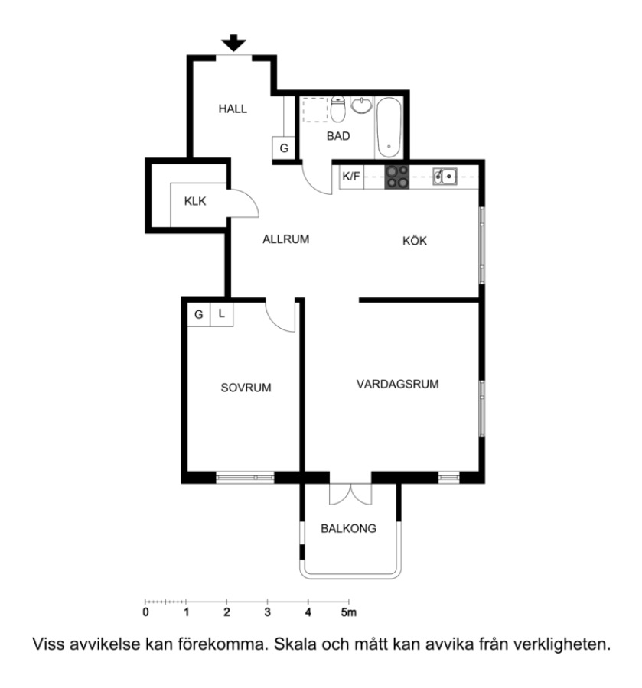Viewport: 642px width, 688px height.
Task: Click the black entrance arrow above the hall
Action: click(233, 43)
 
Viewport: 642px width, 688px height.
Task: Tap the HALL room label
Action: click(233, 109)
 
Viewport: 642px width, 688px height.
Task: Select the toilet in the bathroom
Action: click(337, 109)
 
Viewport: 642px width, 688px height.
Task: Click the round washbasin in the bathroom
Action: click(361, 105)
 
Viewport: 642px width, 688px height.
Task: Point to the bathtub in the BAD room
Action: click(389, 127)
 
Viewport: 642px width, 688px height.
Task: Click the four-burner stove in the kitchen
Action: click(397, 177)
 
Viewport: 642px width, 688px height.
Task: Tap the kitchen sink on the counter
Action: click(445, 177)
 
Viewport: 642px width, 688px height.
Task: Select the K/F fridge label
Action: click(351, 177)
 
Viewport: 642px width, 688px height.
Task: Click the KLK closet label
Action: click(195, 201)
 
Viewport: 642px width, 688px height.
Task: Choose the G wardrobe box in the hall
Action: click(284, 148)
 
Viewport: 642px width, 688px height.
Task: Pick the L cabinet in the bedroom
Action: click(222, 314)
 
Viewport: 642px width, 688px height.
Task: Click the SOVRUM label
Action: click(246, 388)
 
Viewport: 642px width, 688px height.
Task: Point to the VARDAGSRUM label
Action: click(397, 385)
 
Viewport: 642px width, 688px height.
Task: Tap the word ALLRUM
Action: click(286, 239)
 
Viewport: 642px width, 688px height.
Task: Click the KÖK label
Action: click(415, 241)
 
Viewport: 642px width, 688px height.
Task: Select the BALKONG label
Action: click(349, 528)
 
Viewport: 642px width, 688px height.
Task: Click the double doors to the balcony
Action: click(350, 494)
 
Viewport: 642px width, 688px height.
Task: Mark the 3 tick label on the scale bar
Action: click(267, 612)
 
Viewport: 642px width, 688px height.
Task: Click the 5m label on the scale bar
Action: click(349, 612)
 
